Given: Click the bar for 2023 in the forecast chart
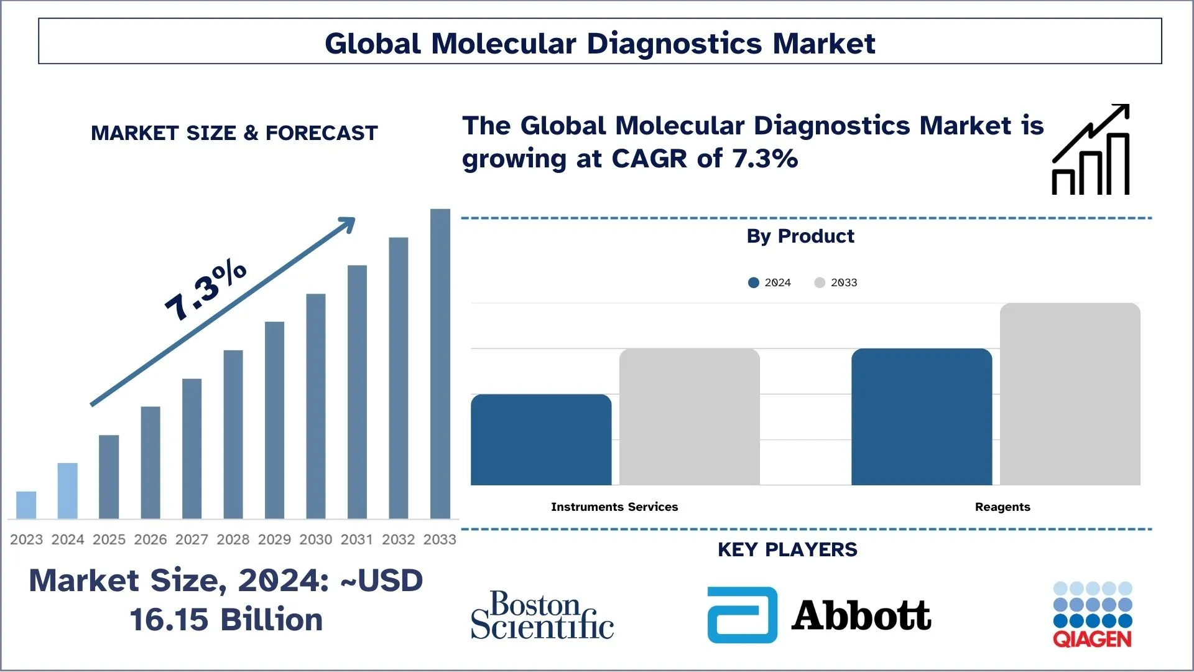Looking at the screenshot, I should [26, 505].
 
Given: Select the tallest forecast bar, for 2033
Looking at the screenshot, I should [440, 364].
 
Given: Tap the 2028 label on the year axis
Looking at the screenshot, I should [233, 539].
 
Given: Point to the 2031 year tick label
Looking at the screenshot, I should [357, 539].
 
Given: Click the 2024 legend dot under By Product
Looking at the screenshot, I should [754, 282].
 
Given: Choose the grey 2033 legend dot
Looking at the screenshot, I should [820, 282].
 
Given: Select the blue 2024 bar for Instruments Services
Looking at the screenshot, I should [541, 440].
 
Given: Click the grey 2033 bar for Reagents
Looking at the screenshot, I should [1070, 394].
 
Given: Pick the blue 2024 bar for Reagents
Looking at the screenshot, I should [922, 417].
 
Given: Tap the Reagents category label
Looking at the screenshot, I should [1002, 507].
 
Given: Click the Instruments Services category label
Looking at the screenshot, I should [614, 507].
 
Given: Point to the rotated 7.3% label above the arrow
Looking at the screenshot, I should [205, 291].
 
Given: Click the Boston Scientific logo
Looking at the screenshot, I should [542, 615].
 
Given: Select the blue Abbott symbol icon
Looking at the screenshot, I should [743, 615].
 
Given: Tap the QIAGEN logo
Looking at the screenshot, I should [1093, 615].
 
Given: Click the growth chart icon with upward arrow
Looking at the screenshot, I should [1091, 150].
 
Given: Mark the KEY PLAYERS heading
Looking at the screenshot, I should [787, 550].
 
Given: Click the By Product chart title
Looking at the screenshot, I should [800, 236].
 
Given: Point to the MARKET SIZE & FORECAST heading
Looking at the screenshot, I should [234, 133].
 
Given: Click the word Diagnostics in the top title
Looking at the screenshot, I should [674, 44].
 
